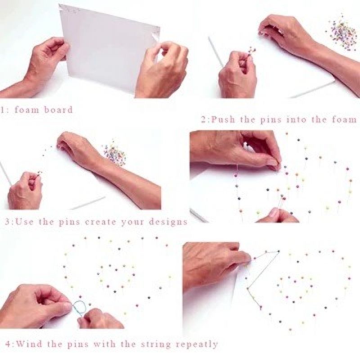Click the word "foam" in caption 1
click(27, 110)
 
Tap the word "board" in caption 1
click(58, 110)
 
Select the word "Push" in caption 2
click(223, 119)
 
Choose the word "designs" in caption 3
click(168, 222)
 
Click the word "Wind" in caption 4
click(30, 344)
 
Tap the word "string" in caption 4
click(156, 344)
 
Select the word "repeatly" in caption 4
click(197, 344)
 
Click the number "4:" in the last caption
click(10, 344)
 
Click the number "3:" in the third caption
click(9, 222)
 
